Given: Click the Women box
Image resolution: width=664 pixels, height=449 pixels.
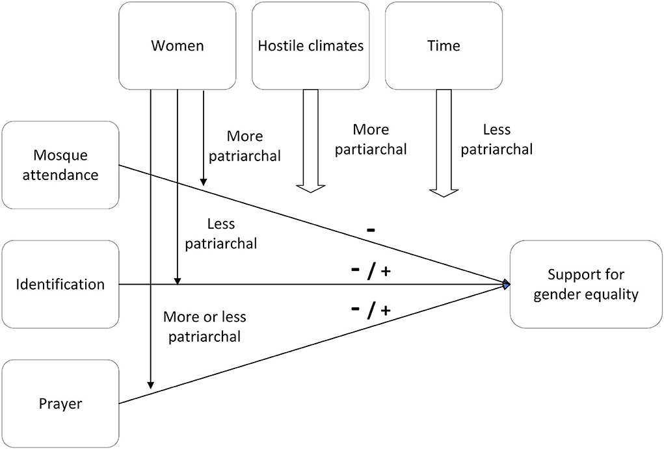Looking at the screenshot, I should (x=178, y=45).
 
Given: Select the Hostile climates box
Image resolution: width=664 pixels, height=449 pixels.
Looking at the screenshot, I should (x=310, y=45).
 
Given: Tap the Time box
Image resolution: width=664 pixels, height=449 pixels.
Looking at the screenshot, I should (x=444, y=45).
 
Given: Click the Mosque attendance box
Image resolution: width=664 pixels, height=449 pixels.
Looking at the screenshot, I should (x=60, y=165).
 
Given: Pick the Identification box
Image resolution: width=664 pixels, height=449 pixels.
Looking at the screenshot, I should (x=60, y=284).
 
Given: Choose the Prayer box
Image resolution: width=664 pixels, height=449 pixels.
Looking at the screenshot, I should (x=60, y=404).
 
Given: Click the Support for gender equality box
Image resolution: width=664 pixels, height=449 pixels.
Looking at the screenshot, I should (x=581, y=284).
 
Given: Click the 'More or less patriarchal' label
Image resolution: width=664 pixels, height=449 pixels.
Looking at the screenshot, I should (x=204, y=327).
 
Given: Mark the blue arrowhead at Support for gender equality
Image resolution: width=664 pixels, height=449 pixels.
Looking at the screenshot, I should (x=506, y=284).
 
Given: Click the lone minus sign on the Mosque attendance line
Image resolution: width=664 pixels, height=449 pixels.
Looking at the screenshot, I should (x=369, y=229).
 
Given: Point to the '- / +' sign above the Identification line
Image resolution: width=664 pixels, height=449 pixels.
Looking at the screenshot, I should (x=371, y=272).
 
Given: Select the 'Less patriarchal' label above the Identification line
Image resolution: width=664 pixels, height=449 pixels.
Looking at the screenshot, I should (x=221, y=234).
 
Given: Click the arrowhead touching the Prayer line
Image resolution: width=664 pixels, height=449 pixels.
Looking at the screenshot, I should (x=150, y=385).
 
